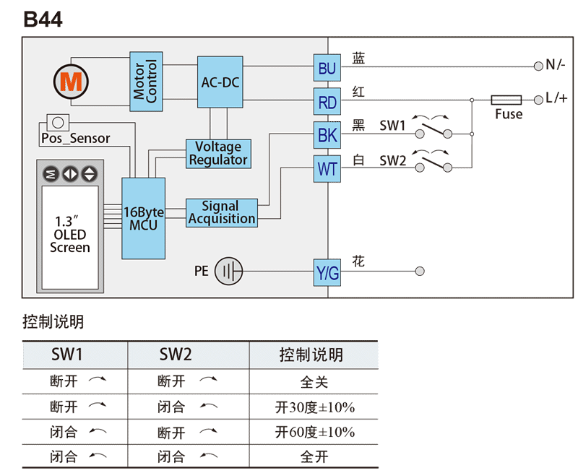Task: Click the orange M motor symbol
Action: [x=72, y=82]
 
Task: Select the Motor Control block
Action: [x=146, y=82]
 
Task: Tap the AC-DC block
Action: [x=220, y=82]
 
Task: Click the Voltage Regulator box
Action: [x=217, y=153]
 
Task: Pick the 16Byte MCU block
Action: [x=143, y=218]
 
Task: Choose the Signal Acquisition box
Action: [x=221, y=212]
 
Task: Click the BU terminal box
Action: [x=327, y=68]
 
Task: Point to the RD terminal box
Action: [x=327, y=103]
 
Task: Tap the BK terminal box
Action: [x=327, y=135]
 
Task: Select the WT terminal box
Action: [x=327, y=169]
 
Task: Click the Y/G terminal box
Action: [x=327, y=273]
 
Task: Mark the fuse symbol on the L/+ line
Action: [x=506, y=100]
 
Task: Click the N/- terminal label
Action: [x=556, y=65]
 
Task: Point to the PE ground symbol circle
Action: [x=229, y=272]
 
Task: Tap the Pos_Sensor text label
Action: [x=75, y=138]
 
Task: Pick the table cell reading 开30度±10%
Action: [x=314, y=407]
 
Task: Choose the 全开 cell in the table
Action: [x=314, y=457]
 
